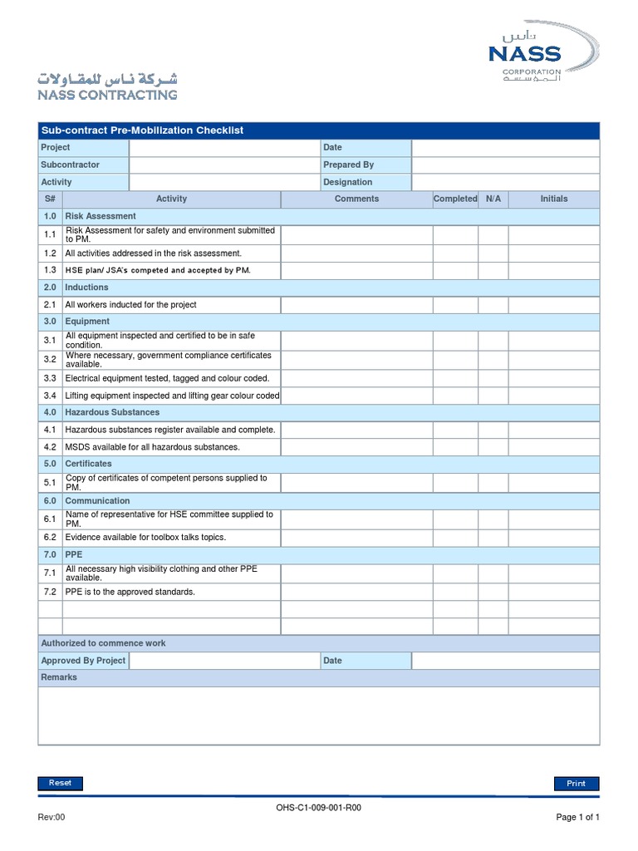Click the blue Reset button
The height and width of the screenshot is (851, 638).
click(x=60, y=783)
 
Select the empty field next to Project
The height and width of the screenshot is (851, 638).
click(x=224, y=148)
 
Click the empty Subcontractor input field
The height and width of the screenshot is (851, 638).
click(x=224, y=165)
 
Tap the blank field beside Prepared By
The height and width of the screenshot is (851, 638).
click(x=505, y=165)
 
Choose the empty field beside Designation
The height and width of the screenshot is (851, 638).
click(x=505, y=183)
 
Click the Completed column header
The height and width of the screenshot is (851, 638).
click(x=455, y=199)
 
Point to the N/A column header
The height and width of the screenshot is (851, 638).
click(x=493, y=199)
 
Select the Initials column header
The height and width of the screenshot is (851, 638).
click(x=554, y=199)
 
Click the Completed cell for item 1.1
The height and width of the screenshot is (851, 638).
click(x=455, y=235)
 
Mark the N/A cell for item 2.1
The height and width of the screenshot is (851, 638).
click(x=493, y=305)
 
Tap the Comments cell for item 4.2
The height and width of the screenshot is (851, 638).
click(x=356, y=447)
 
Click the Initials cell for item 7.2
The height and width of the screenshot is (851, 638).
click(x=554, y=592)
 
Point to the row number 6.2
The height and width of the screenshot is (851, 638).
click(x=50, y=538)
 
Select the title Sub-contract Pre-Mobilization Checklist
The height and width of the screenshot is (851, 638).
click(x=142, y=130)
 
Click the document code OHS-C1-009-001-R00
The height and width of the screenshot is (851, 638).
click(x=319, y=807)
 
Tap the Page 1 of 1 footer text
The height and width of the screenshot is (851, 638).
click(x=577, y=818)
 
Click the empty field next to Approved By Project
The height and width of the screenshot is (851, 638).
click(x=224, y=661)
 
